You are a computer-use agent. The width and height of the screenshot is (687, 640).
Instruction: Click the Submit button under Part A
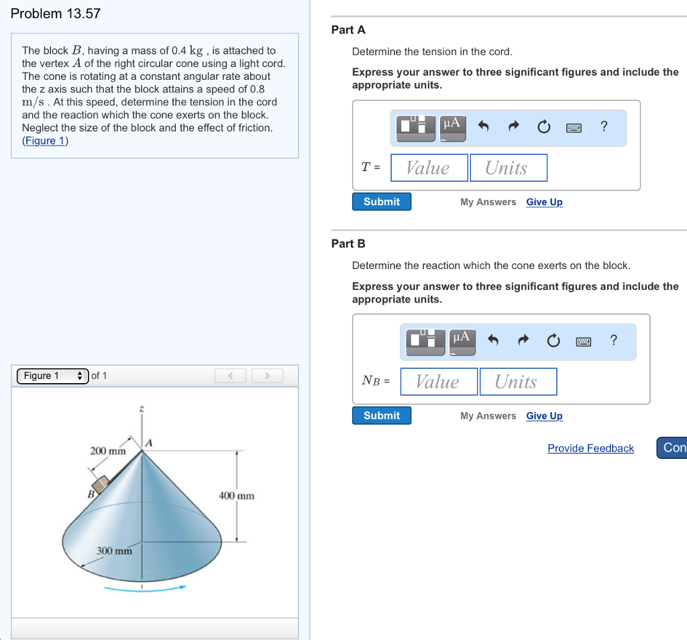click(x=381, y=202)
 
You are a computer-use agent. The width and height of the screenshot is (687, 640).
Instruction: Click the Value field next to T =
click(x=429, y=168)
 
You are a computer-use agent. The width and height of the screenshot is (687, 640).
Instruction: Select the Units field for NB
click(x=517, y=382)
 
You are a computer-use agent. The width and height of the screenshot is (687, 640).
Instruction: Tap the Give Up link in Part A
click(x=544, y=202)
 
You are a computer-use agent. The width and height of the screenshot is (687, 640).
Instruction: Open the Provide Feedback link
click(x=590, y=448)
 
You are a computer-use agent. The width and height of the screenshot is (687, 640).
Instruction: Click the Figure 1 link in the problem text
click(x=45, y=140)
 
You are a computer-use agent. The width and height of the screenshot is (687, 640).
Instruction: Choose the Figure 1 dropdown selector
click(x=52, y=376)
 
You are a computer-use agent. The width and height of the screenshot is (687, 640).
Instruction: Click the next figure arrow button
click(x=267, y=376)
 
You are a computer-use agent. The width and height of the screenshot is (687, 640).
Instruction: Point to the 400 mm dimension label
click(x=237, y=496)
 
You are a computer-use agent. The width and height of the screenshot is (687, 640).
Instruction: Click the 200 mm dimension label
click(x=108, y=451)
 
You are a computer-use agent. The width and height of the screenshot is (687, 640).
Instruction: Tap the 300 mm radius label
click(x=114, y=551)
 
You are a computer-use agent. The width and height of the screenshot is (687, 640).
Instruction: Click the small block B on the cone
click(x=100, y=484)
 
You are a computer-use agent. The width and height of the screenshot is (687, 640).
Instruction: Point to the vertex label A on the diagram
click(x=150, y=443)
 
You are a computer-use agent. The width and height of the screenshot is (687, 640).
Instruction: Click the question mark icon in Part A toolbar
click(x=604, y=126)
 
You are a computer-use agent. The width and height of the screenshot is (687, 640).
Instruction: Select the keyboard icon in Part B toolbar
click(x=583, y=341)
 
